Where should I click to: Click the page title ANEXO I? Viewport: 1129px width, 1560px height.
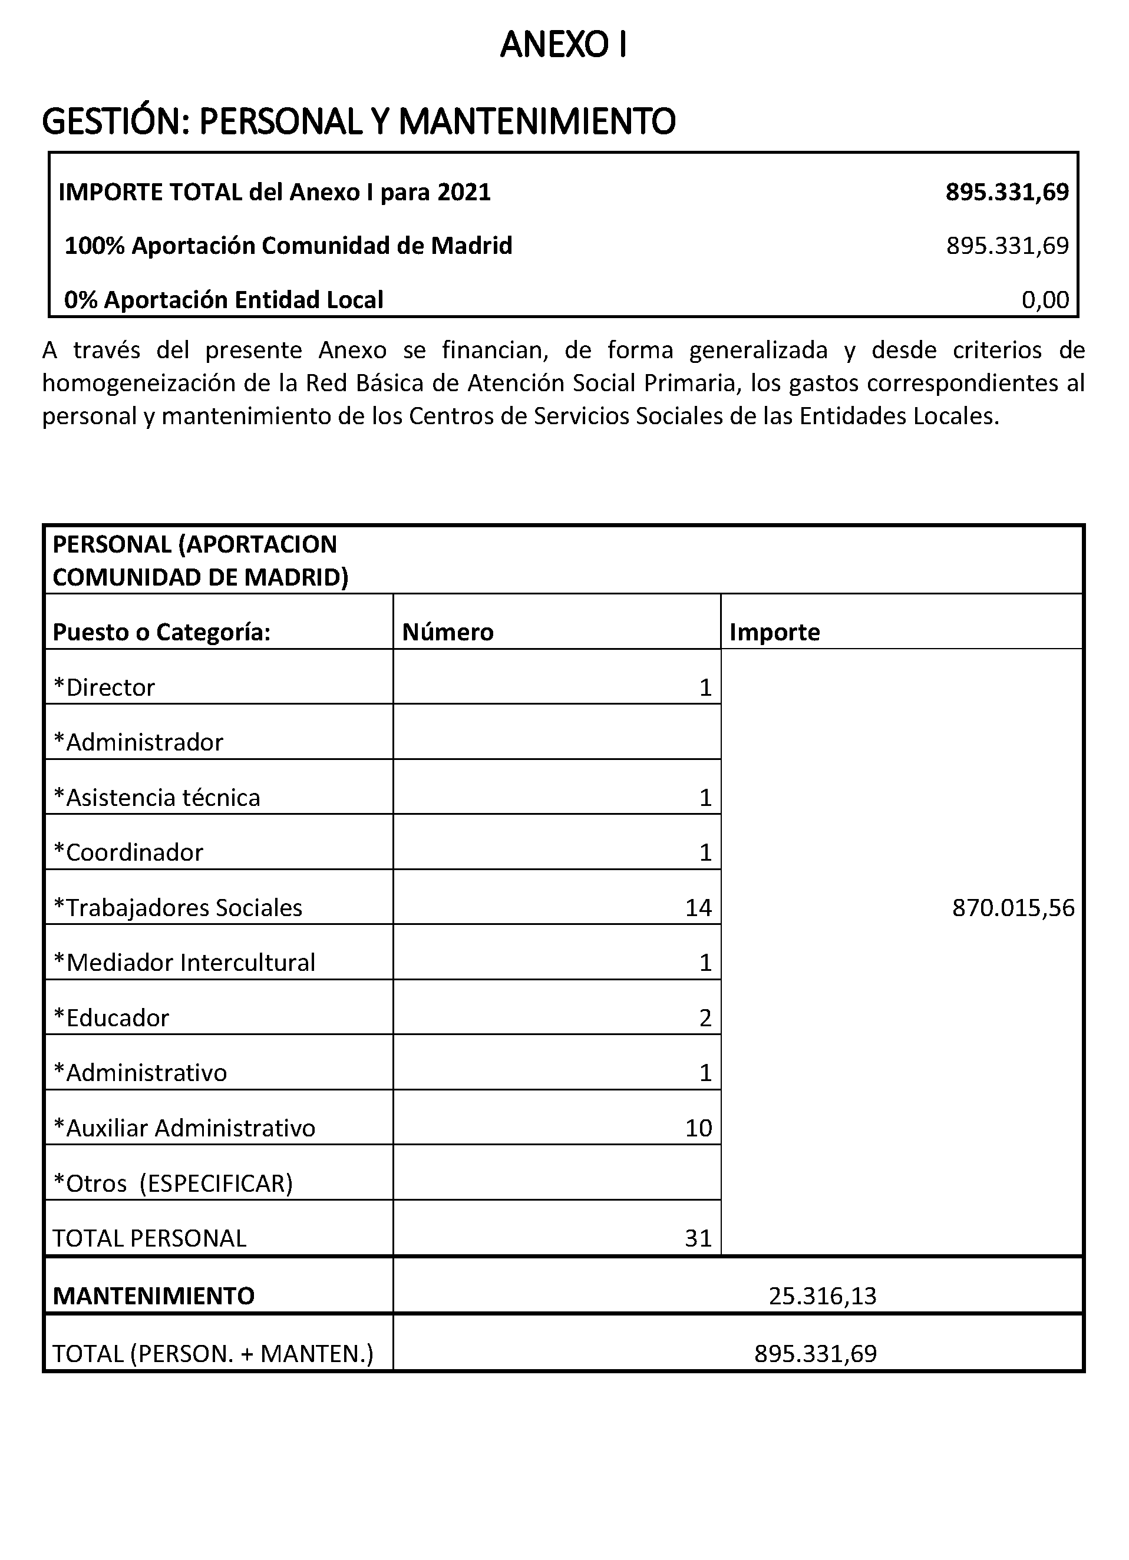[x=563, y=45]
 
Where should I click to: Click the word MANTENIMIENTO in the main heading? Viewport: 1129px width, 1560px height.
[x=537, y=122]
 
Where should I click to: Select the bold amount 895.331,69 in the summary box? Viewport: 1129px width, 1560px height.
[x=1006, y=192]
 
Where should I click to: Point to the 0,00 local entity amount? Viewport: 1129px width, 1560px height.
[x=1045, y=300]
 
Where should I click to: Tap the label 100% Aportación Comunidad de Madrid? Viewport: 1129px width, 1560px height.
[x=288, y=246]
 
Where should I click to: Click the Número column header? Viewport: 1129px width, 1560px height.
[x=448, y=632]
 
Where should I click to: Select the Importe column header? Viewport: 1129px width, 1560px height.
[x=775, y=632]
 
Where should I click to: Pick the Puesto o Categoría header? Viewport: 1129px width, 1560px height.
[x=161, y=632]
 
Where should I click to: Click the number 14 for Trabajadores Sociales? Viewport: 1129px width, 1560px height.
[x=698, y=908]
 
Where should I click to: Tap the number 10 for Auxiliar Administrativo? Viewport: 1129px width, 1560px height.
[x=698, y=1128]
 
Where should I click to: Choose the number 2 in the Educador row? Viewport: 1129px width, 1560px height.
[x=705, y=1018]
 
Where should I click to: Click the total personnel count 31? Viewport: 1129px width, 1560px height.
[x=698, y=1238]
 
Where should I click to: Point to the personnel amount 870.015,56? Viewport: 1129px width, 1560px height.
[x=1013, y=908]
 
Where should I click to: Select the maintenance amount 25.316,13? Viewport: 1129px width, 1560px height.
[x=822, y=1296]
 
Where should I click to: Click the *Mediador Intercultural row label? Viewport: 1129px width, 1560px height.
[x=184, y=963]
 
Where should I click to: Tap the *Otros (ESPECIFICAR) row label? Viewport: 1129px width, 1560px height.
[x=173, y=1183]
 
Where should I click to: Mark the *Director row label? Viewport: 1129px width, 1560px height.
[x=104, y=688]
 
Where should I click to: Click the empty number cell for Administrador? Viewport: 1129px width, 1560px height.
[x=557, y=732]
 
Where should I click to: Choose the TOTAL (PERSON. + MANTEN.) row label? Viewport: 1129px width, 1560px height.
[x=213, y=1354]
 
